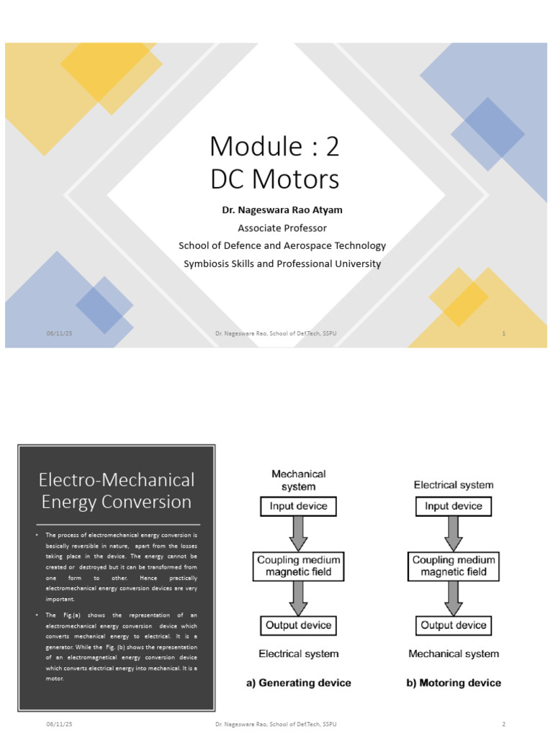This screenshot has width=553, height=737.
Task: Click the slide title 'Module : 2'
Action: pos(274,147)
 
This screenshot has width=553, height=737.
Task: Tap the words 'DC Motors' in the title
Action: pos(274,179)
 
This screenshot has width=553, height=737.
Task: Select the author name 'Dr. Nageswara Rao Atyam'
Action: pos(282,210)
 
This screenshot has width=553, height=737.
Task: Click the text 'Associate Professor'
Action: pos(282,228)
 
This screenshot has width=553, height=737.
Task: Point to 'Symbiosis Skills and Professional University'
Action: pos(282,263)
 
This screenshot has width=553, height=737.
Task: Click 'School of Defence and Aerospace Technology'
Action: pos(282,245)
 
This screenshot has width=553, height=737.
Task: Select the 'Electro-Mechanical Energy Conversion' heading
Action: pos(116,490)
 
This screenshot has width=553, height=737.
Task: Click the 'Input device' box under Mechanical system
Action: pos(298,507)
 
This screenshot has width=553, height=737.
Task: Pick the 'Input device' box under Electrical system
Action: pos(453,507)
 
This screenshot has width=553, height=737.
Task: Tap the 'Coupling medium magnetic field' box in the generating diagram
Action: pos(298,566)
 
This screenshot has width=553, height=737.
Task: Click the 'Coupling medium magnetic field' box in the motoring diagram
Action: pos(453,566)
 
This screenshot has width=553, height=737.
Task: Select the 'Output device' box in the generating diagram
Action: pos(298,625)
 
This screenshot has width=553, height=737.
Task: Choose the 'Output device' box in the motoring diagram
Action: pos(453,625)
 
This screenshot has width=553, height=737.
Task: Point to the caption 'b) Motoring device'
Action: pos(454,682)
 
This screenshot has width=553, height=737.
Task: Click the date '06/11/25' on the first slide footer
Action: pos(60,334)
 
